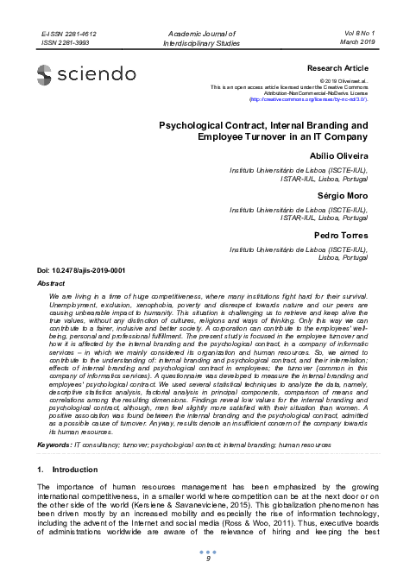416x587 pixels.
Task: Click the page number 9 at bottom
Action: click(x=208, y=559)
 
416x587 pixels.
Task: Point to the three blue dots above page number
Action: click(x=208, y=550)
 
